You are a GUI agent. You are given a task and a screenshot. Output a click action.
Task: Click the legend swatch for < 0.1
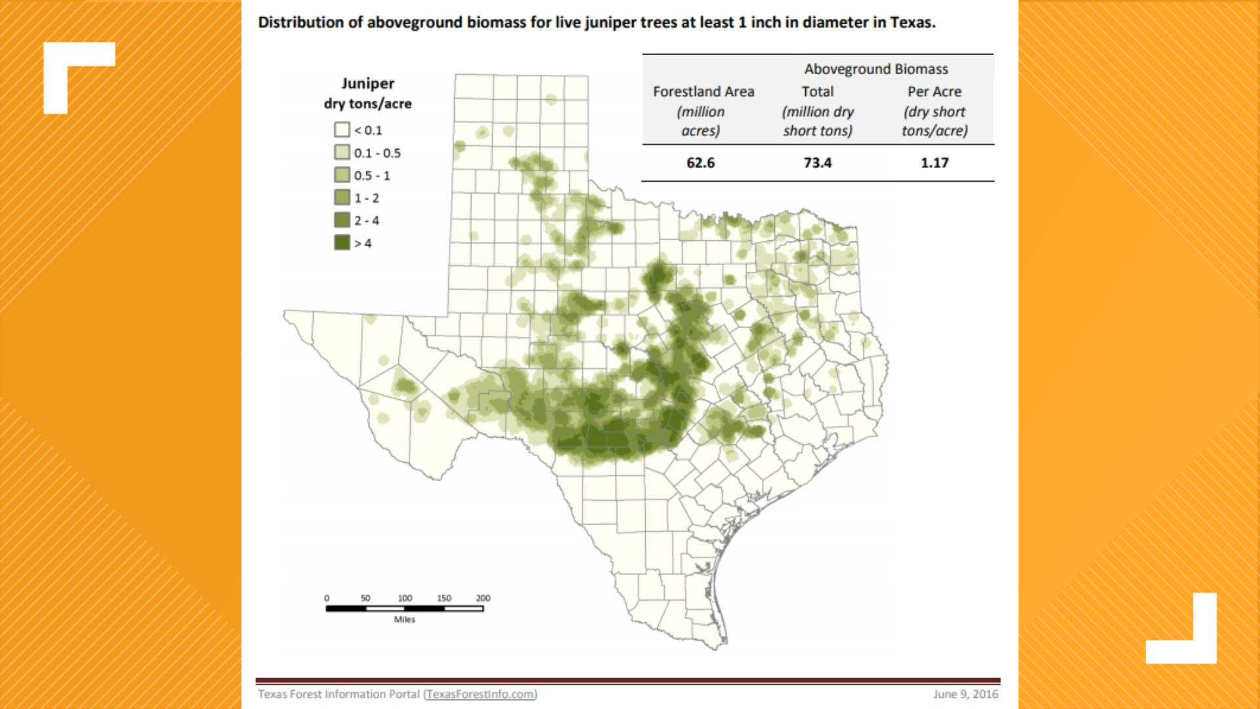point(342,130)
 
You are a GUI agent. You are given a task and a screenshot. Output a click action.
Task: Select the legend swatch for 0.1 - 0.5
point(342,153)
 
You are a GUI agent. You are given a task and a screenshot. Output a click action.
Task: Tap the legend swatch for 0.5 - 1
point(342,175)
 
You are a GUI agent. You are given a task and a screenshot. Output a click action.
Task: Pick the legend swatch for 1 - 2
point(342,198)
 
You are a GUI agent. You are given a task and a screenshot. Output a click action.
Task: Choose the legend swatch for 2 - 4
point(342,221)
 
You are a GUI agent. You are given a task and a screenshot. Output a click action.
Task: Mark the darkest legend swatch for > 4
point(342,243)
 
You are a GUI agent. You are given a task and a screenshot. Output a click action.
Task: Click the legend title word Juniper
point(367,83)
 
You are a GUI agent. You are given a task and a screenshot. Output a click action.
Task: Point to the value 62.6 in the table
point(700,163)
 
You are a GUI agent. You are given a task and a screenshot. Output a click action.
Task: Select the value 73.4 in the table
point(817,163)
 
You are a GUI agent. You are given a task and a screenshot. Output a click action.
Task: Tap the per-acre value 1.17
point(934,163)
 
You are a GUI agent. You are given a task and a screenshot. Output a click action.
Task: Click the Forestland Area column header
point(703,92)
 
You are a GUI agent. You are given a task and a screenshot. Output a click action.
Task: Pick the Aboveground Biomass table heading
point(875,69)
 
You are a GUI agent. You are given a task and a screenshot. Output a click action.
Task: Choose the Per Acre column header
point(934,92)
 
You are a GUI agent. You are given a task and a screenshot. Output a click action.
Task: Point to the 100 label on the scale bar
point(405,598)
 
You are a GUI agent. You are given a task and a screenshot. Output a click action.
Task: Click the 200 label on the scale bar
point(483,598)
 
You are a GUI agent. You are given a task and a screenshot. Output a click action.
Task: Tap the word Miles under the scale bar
point(404,620)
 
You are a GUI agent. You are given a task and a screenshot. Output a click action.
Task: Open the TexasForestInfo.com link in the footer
point(480,694)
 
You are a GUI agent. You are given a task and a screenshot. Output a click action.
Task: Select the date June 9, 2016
point(965,694)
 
